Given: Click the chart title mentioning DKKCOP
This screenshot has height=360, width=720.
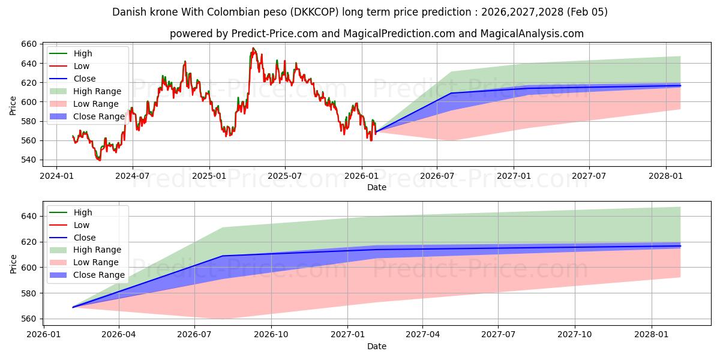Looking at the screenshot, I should pos(360,12).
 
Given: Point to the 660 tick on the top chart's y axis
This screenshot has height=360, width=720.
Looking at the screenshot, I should pos(29,44).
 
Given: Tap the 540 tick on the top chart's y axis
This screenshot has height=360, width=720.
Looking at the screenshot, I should pos(29,160).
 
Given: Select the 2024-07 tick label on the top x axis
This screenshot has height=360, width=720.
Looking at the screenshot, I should pos(132,176).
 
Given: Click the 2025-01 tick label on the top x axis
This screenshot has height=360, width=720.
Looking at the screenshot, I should pos(209,176).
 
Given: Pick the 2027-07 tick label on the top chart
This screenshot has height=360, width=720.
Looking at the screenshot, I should pos(589,176).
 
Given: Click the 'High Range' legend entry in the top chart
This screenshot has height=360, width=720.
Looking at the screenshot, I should pos(98,91).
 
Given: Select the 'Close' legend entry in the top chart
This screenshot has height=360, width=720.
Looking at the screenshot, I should pos(84,79).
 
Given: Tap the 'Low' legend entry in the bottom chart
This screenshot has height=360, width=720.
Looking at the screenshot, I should pos(81,225).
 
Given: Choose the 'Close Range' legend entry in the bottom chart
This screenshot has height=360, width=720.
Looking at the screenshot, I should pos(99,275).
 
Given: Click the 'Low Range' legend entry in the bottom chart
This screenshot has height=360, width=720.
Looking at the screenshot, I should pos(97,262).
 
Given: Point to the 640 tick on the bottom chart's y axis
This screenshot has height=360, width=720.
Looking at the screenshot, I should pos(29,216).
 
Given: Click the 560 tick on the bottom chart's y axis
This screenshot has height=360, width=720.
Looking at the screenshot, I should pos(29,319).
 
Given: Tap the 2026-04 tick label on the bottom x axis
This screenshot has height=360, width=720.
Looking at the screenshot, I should pos(119,335).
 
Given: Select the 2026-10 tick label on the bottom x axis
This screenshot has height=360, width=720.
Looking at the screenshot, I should pos(271,335).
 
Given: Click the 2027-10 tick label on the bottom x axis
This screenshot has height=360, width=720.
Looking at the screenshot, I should pos(575,335).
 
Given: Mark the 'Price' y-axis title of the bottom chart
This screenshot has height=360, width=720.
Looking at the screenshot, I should pos(13,263).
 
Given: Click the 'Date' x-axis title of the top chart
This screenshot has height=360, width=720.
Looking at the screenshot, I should pos(377,187).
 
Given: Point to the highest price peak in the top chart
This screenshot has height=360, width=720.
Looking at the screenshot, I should pos(253,48).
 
